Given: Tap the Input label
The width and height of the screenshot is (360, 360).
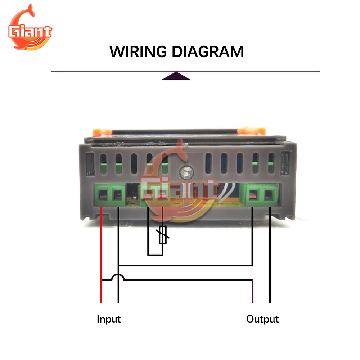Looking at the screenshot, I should point(108,319).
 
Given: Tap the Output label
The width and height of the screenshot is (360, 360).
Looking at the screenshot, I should point(262,319).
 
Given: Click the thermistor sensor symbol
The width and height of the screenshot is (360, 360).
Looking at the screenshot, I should point(163,235).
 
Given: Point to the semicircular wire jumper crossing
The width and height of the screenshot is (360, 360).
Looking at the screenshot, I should point(118,277).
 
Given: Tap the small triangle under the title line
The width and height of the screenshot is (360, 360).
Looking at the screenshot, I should point(176,76).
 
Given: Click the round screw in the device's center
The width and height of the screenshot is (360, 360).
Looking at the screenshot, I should point(186,172).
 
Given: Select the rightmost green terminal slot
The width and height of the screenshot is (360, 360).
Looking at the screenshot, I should point(269,195).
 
